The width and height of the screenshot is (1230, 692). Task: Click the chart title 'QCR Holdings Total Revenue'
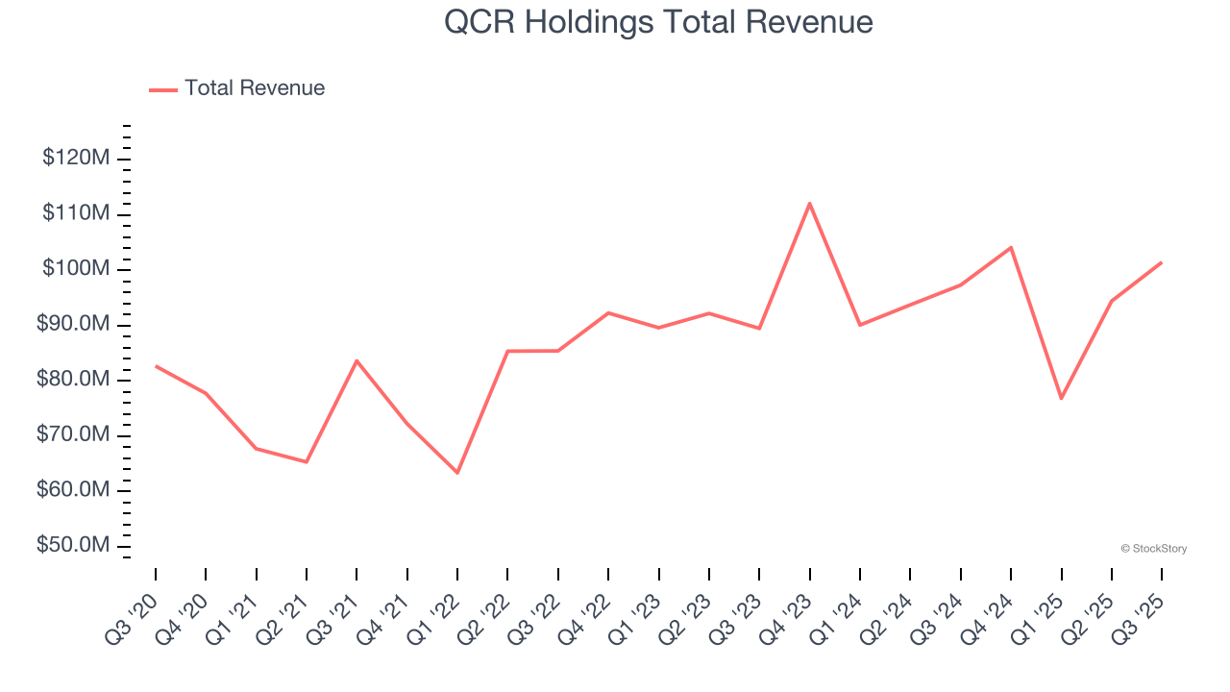click(x=658, y=22)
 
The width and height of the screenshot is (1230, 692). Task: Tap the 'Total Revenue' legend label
click(x=255, y=88)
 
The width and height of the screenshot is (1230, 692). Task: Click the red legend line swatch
click(x=163, y=89)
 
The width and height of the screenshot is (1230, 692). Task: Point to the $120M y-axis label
click(x=75, y=158)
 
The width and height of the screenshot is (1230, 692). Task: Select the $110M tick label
click(x=75, y=213)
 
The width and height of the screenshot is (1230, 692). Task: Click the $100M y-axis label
click(x=75, y=269)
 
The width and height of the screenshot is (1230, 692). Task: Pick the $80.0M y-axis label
click(x=73, y=380)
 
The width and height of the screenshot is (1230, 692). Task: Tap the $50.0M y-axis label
click(x=73, y=546)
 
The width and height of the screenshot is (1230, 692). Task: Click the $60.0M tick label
click(x=73, y=490)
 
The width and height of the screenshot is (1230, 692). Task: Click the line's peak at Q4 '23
click(x=809, y=204)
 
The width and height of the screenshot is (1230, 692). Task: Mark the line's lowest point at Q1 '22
click(x=457, y=473)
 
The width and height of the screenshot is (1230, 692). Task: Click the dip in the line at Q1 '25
click(x=1061, y=398)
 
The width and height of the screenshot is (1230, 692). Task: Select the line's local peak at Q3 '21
click(x=357, y=360)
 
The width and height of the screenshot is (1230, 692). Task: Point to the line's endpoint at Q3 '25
click(x=1161, y=262)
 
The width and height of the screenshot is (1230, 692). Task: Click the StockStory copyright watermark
click(x=1153, y=549)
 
